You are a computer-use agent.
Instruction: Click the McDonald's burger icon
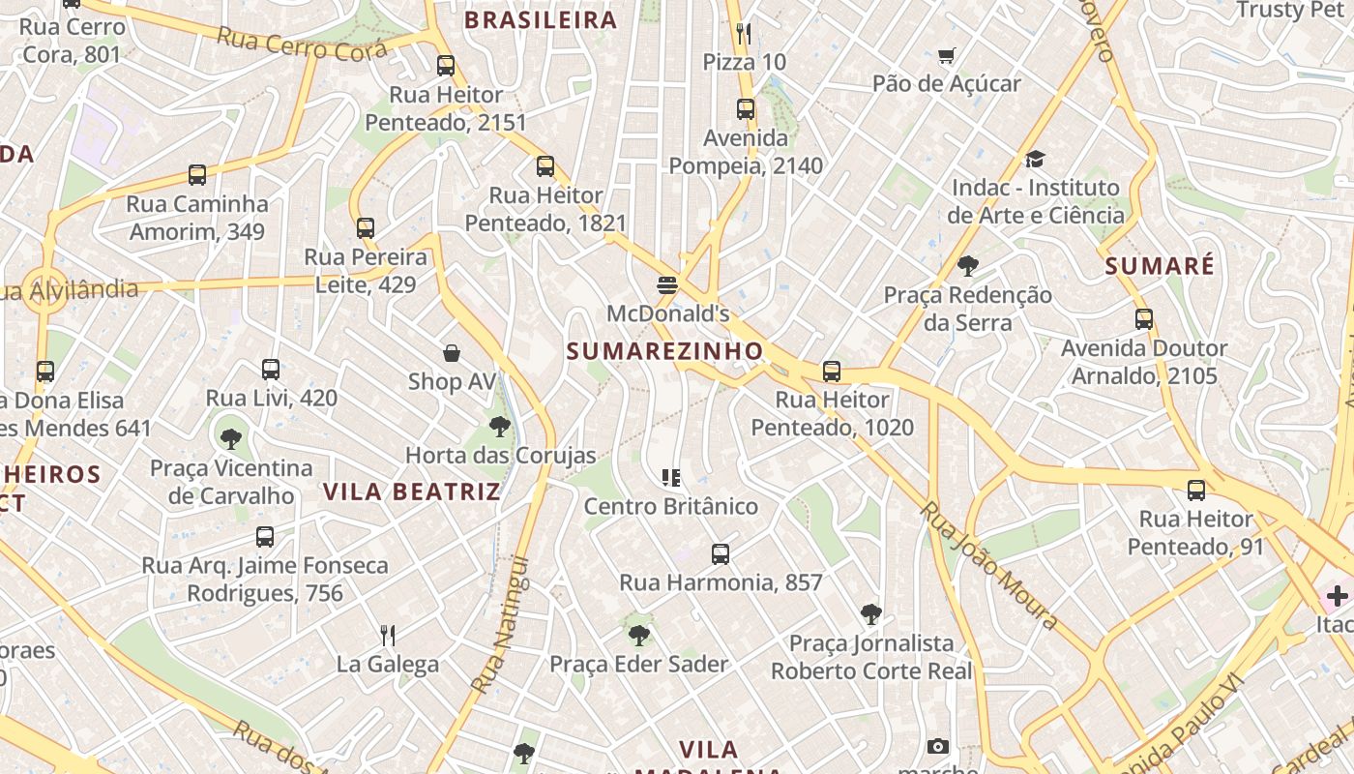click(666, 284)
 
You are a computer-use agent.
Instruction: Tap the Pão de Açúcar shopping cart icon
click(946, 56)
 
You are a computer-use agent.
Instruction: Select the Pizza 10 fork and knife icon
click(743, 34)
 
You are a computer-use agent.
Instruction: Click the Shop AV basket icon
click(451, 353)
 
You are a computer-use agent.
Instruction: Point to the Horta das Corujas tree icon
click(500, 426)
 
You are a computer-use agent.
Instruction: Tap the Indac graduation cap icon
click(1035, 159)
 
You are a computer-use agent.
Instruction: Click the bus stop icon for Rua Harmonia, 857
click(721, 554)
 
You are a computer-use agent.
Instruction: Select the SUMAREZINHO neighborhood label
click(665, 351)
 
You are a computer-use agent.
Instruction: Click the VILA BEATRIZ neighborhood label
click(412, 491)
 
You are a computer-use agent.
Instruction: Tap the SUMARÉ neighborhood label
click(1160, 266)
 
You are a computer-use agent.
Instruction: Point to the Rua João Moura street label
click(988, 565)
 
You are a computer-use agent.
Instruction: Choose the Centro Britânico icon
click(671, 477)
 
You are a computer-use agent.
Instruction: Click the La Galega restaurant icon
click(388, 636)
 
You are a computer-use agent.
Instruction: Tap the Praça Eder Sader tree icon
click(638, 636)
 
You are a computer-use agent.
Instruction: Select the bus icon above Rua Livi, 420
click(271, 370)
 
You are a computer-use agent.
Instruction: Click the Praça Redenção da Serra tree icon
click(967, 266)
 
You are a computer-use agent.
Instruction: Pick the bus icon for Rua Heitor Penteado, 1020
click(832, 371)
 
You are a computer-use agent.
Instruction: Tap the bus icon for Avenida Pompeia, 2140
click(745, 109)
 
